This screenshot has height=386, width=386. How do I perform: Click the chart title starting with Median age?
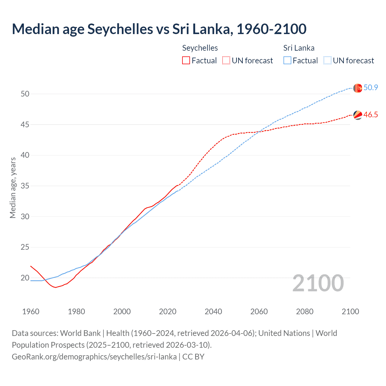[159, 29]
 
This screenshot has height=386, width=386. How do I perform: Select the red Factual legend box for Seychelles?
[186, 61]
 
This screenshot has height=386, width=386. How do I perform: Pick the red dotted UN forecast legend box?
[226, 61]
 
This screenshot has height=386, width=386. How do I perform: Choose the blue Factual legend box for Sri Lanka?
[287, 61]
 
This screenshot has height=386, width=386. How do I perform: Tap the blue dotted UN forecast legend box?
[327, 61]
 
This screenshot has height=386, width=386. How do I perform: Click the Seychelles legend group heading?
[200, 48]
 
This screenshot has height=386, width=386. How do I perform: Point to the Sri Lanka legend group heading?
[299, 48]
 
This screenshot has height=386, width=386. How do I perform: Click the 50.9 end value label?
[371, 88]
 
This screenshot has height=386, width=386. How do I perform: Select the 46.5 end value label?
[371, 115]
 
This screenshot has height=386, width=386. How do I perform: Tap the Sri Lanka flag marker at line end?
[358, 88]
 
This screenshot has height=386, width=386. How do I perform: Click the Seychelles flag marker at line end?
[358, 115]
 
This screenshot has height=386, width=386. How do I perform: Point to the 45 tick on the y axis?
[25, 125]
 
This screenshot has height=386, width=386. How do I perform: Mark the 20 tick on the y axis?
[25, 278]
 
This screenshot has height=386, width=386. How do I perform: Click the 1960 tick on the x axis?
[31, 312]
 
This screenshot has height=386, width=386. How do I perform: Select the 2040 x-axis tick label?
[213, 312]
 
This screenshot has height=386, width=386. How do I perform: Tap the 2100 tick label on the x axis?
[350, 312]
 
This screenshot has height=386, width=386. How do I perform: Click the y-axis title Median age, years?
[13, 188]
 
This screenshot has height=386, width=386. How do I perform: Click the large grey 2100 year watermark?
[318, 283]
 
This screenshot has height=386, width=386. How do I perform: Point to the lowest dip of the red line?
[55, 287]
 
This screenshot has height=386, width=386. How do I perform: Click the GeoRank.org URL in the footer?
[94, 357]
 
